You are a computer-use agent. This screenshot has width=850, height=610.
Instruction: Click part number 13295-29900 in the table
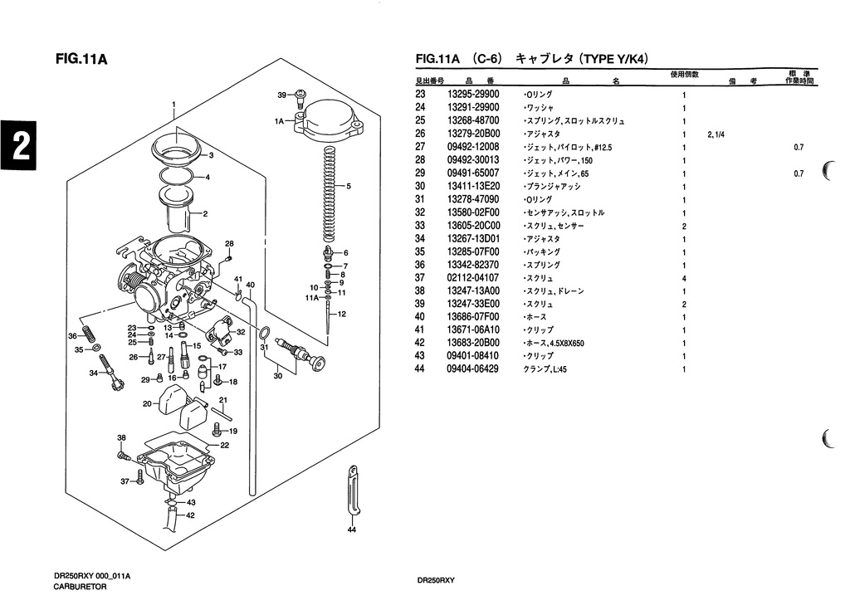[x=472, y=95]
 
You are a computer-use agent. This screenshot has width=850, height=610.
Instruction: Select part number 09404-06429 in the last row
[x=472, y=369]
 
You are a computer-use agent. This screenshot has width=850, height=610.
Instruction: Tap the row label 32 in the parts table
[x=419, y=212]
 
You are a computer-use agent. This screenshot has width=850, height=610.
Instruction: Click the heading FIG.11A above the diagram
[x=81, y=59]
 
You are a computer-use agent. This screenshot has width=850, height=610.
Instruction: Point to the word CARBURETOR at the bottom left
[x=81, y=587]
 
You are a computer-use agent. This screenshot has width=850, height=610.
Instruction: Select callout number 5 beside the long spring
[x=349, y=186]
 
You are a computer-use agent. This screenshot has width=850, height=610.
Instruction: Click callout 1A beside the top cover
[x=280, y=121]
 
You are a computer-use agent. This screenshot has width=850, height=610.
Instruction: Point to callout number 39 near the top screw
[x=281, y=95]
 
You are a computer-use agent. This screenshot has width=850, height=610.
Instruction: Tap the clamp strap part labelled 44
[x=351, y=494]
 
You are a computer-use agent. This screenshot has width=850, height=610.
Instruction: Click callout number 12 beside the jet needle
[x=341, y=314]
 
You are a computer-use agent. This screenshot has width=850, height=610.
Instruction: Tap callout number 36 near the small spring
[x=72, y=335]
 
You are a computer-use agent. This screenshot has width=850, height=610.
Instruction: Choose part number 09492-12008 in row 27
[x=472, y=147]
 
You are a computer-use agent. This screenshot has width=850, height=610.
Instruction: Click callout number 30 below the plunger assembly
[x=277, y=376]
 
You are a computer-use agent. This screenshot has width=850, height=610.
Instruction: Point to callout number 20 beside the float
[x=147, y=404]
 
